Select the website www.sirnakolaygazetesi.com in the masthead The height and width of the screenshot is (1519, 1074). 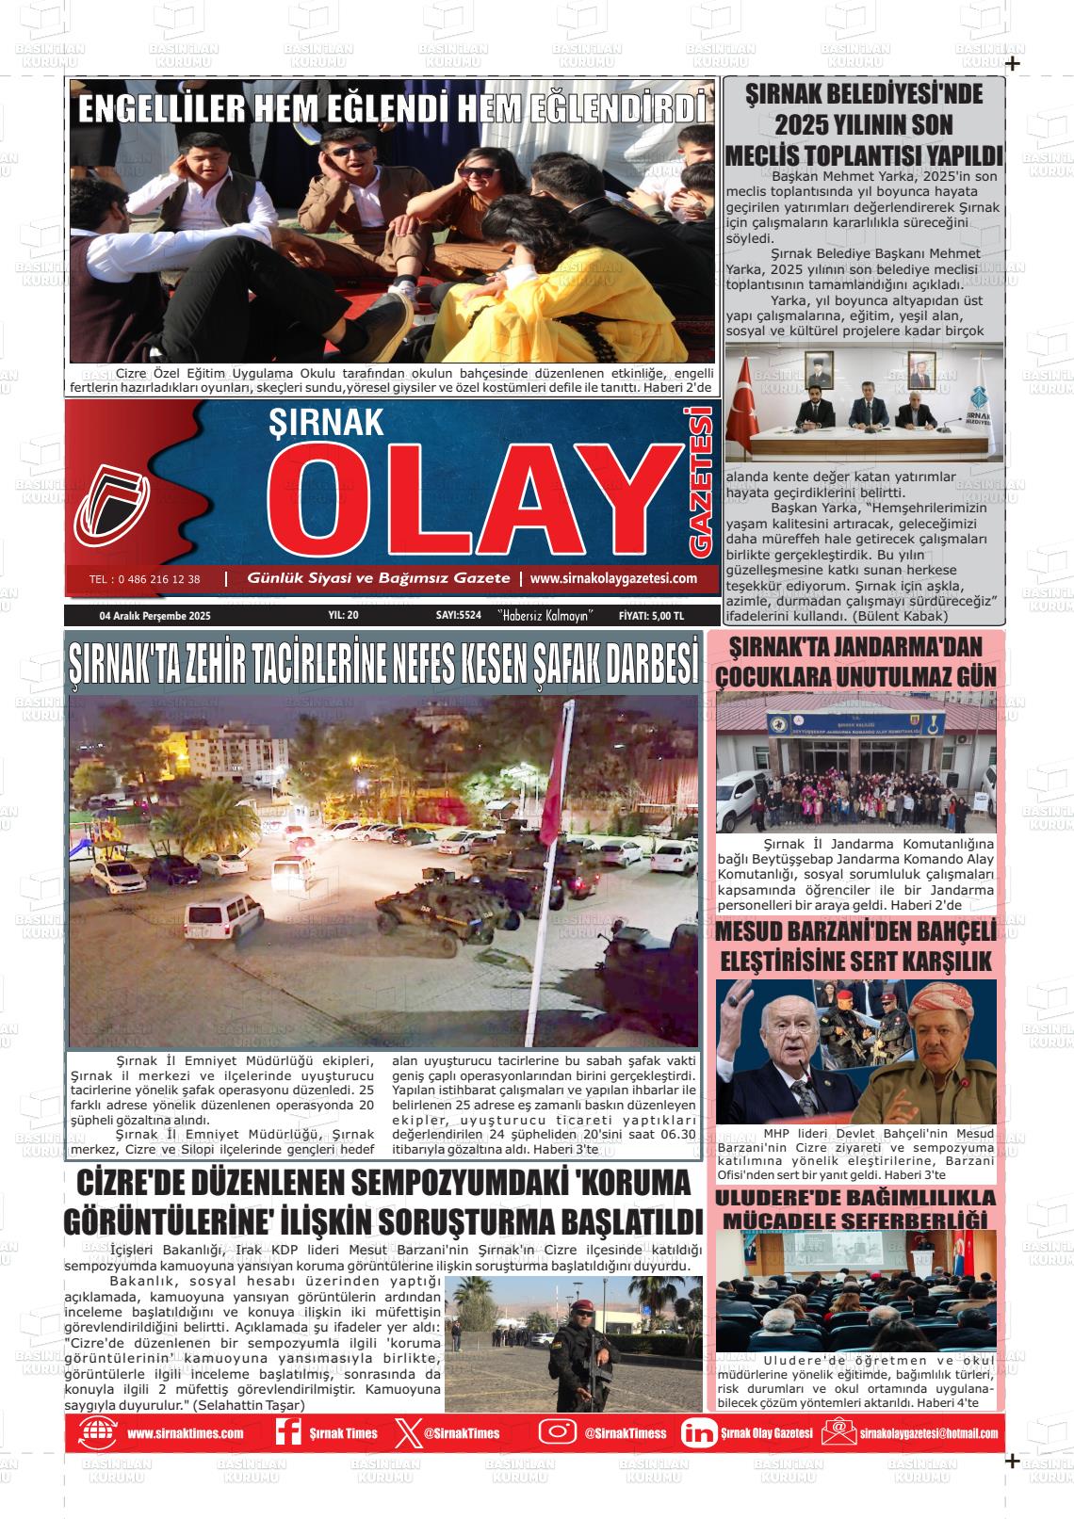coord(613,578)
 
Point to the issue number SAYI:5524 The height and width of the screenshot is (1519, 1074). coord(459,616)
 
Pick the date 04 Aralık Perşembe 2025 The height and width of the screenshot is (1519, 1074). coord(155,616)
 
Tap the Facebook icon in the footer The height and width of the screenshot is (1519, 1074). coord(286,1433)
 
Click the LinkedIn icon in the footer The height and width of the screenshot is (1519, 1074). coord(698,1433)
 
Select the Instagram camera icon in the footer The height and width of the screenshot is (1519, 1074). coord(557,1432)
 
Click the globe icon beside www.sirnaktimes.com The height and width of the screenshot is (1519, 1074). coord(98,1433)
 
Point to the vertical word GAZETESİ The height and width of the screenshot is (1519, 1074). coord(702,481)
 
